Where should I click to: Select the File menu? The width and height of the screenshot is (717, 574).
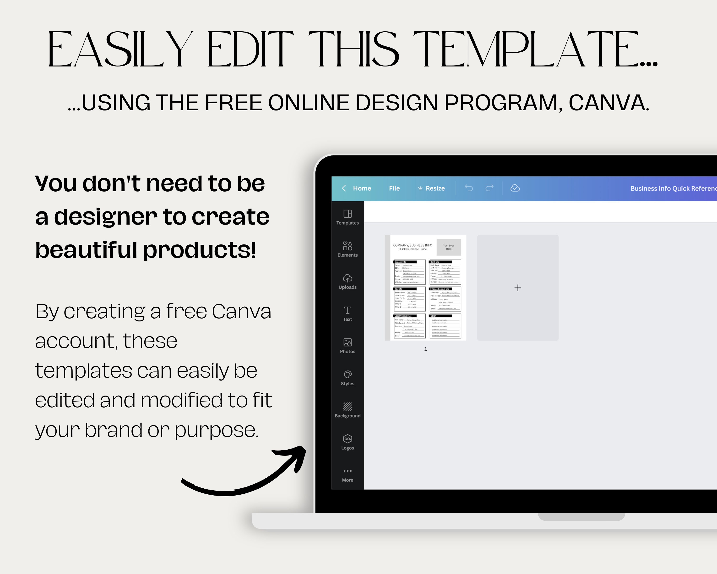tap(394, 188)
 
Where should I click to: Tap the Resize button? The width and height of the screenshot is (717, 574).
tap(431, 188)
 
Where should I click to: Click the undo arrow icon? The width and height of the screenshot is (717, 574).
tap(469, 188)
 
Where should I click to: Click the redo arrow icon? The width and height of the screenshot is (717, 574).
tap(489, 188)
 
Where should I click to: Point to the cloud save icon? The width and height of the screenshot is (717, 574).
tap(515, 188)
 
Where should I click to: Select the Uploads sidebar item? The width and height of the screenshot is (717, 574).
tap(348, 281)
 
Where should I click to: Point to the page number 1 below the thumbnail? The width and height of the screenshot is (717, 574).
tap(426, 349)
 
